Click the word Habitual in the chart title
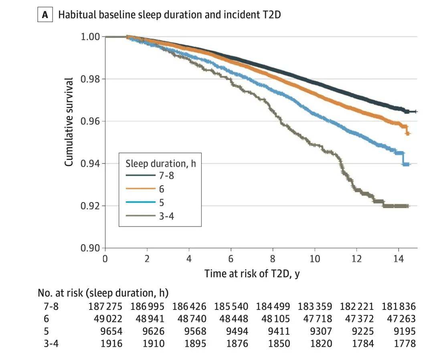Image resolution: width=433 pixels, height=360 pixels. (75, 15)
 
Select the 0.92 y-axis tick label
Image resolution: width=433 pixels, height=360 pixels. (90, 206)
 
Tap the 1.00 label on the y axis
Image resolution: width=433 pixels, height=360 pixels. (90, 37)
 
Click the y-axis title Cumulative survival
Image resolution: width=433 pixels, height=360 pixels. (69, 121)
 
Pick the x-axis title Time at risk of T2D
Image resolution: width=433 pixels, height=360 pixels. (252, 274)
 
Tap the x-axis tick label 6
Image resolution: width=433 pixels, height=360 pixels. (231, 259)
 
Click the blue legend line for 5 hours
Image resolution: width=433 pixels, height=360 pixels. (140, 202)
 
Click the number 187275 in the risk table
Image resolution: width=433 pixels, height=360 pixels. (105, 307)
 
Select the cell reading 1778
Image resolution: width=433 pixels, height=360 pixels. (405, 344)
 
